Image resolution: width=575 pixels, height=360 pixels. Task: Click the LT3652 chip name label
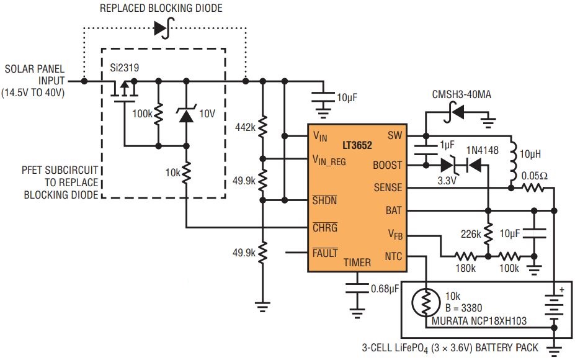tap(357, 145)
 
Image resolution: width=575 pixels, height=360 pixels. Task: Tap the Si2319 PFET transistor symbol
tap(124, 91)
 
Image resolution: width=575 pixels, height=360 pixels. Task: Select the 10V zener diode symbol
tap(186, 114)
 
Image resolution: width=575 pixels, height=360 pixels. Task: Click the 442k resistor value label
tap(245, 127)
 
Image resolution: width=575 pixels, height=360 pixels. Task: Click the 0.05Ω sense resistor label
tap(535, 176)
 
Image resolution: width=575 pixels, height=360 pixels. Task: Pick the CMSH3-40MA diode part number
tap(461, 95)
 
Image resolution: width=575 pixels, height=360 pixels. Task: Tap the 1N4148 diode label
tap(482, 150)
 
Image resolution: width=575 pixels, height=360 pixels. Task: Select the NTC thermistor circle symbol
tap(426, 303)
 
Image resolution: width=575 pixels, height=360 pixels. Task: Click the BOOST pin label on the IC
tap(387, 165)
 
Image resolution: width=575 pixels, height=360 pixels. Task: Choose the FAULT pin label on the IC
tap(325, 253)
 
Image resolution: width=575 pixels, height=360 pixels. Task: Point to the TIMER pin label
tap(357, 263)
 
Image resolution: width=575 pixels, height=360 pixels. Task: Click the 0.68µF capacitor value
tap(385, 289)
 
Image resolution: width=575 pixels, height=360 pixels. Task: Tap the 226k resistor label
tap(471, 234)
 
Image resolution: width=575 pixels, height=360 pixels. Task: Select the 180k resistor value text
tap(465, 268)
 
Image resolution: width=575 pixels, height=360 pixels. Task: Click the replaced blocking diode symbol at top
tap(164, 28)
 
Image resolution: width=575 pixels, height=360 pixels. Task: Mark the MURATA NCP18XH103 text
tap(479, 321)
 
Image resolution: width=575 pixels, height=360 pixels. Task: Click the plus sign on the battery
tap(561, 289)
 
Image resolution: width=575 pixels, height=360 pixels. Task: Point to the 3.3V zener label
tap(447, 181)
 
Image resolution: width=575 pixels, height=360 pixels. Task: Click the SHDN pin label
tap(324, 200)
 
